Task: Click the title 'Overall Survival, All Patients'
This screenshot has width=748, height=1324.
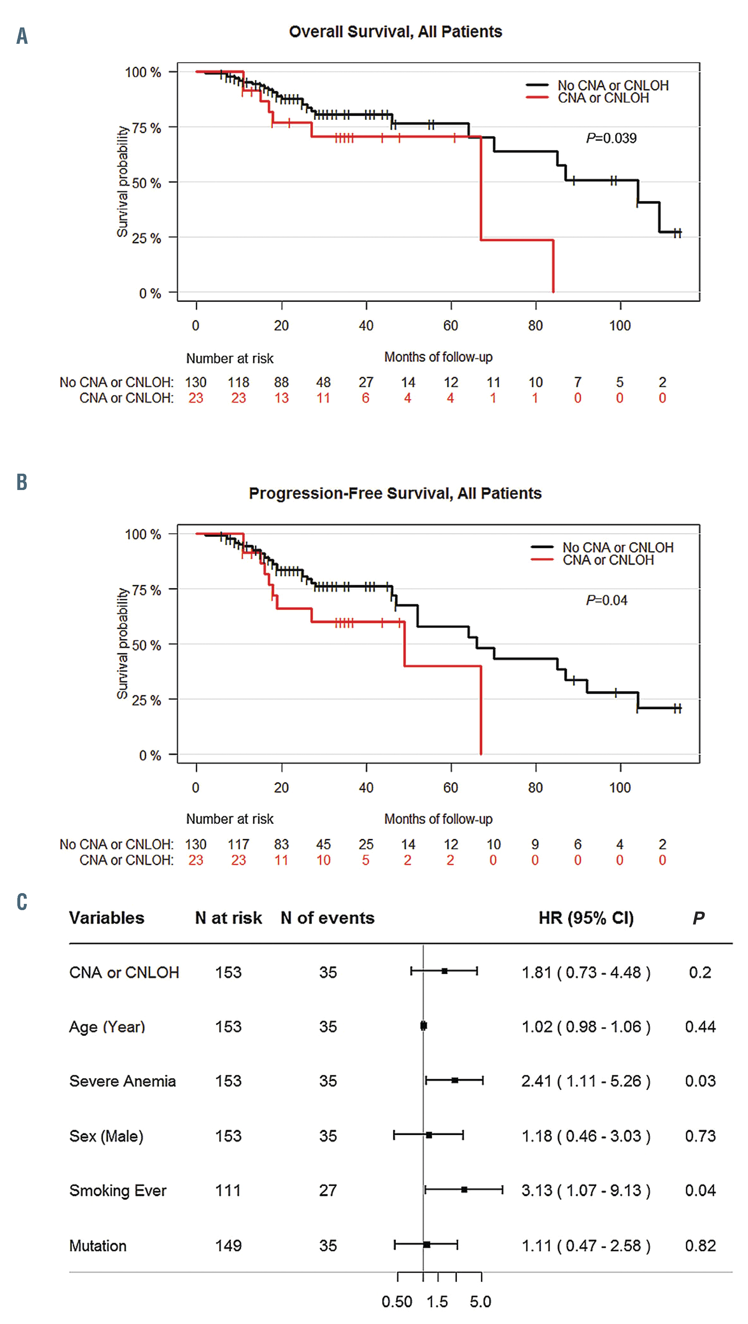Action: pos(395,32)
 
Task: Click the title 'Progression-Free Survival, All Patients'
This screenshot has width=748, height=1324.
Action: pos(395,493)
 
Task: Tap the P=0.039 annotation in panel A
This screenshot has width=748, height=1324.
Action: pos(611,138)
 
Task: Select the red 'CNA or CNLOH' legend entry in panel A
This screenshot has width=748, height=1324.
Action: pos(603,98)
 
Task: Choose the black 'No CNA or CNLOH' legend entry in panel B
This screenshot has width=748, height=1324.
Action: pos(617,548)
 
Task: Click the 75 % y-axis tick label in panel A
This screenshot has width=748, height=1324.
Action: pos(147,128)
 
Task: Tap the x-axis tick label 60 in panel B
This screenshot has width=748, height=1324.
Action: pos(451,787)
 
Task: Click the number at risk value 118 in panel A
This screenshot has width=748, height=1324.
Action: pos(238,383)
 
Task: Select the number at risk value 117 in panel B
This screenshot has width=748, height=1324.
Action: pos(238,844)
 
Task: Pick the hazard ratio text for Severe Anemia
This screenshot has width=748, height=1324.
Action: pos(586,1081)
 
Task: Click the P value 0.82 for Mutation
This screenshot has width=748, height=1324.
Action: pos(700,1246)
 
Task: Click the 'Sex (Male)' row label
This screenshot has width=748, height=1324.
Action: pos(106,1136)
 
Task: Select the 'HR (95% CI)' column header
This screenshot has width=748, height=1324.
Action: pos(586,918)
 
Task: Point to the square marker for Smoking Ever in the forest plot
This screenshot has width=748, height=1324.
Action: pos(464,1189)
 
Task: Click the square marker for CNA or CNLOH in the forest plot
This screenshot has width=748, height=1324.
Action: pos(445,971)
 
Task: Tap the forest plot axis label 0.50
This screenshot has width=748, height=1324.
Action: pos(397,1302)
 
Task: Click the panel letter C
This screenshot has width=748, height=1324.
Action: pos(22,902)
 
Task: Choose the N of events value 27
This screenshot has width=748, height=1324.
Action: pos(328,1190)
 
